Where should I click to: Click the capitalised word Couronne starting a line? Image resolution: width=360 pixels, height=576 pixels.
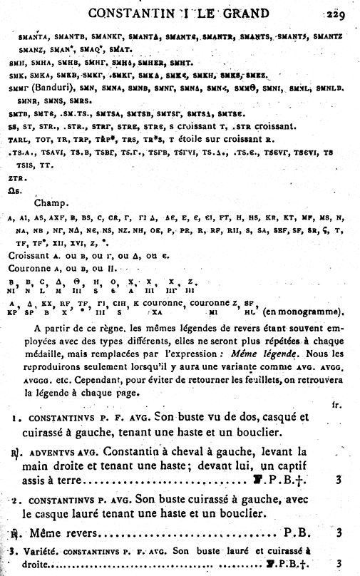[x=31, y=268]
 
